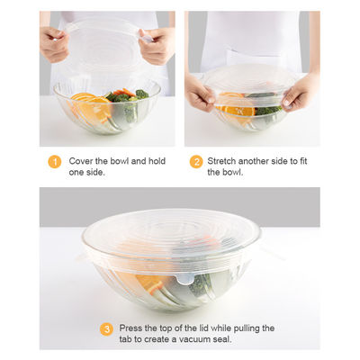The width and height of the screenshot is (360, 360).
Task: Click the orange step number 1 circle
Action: tap(55, 162)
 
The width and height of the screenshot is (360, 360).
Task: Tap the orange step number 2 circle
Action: tap(196, 162)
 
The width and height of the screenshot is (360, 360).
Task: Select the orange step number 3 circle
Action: tap(106, 329)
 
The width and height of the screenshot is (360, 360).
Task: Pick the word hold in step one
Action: tap(157, 161)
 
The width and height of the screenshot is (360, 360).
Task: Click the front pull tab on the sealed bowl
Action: tap(184, 279)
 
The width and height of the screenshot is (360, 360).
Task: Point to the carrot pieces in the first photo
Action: tap(124, 92)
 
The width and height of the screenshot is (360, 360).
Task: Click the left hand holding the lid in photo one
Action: tap(54, 43)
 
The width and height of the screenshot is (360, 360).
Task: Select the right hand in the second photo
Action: tap(300, 93)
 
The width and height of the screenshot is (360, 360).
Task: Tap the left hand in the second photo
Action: tap(200, 93)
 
